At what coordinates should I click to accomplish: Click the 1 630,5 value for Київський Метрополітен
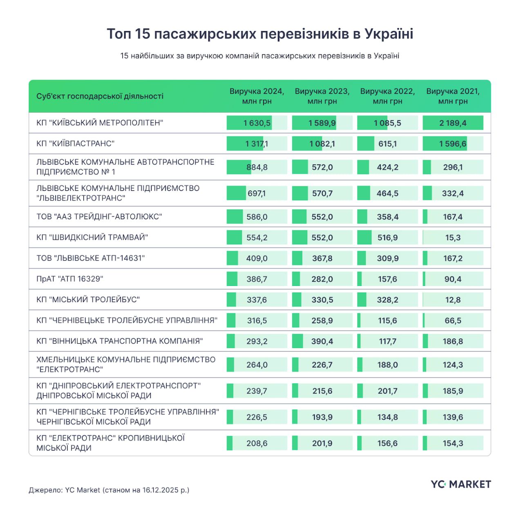257,123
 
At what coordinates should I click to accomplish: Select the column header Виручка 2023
322,96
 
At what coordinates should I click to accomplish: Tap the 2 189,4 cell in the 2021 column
453,123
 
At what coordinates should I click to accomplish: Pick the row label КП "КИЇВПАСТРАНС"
75,144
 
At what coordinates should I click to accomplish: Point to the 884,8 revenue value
257,167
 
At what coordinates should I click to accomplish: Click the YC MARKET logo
460,485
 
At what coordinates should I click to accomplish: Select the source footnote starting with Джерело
109,490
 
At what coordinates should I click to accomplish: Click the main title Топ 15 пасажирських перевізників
260,34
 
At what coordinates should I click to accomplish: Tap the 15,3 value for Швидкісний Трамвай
453,238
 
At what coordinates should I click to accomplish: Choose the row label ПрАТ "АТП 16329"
69,279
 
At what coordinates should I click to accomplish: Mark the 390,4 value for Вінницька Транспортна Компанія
322,341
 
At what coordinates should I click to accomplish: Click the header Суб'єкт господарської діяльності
100,96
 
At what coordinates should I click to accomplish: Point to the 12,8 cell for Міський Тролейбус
453,300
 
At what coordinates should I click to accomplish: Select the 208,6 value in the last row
257,443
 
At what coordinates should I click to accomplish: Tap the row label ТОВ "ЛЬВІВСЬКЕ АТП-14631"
90,258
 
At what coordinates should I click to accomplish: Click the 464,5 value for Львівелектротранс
387,193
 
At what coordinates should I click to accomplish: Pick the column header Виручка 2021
453,96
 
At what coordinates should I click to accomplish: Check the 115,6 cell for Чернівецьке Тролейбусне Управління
387,321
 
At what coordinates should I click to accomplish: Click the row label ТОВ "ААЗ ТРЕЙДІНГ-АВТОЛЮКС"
99,217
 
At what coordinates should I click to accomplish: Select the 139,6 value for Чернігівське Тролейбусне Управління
453,417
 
